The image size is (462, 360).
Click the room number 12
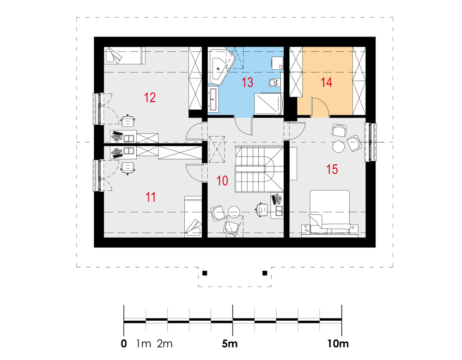[150, 98]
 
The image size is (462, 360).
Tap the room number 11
[151, 197]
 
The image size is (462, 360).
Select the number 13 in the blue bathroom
[247, 83]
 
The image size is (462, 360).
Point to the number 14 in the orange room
[327, 82]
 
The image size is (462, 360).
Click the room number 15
[332, 169]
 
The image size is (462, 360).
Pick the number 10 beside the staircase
[222, 180]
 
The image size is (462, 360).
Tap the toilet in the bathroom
[274, 83]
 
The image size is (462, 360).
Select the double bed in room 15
[329, 212]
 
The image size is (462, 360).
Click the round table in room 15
[338, 146]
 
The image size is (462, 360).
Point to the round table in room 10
[234, 212]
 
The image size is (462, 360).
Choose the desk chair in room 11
[128, 167]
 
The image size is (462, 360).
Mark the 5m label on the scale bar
[230, 344]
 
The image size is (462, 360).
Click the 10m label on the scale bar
[338, 344]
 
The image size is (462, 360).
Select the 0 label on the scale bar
[124, 344]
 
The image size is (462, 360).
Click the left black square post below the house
[205, 273]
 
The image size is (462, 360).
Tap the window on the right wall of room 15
[371, 142]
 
